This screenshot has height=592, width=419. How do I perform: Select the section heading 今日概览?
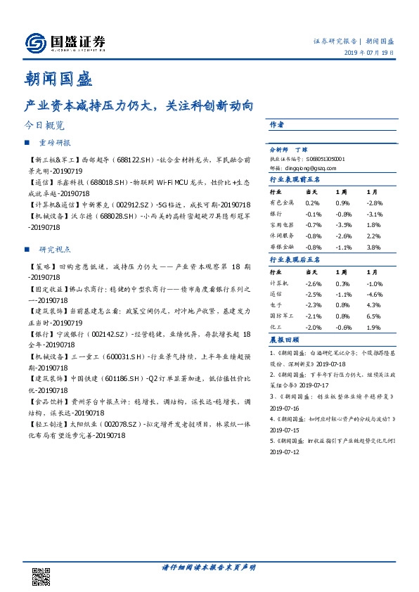[x=44, y=126]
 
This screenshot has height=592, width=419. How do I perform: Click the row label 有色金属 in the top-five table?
[x=281, y=202]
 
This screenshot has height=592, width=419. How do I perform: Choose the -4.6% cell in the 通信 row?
[x=375, y=294]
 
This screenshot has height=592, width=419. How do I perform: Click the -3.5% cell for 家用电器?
[x=342, y=225]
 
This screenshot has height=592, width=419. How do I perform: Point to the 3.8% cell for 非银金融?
[x=373, y=247]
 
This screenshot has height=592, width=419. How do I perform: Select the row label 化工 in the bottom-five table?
[x=276, y=328]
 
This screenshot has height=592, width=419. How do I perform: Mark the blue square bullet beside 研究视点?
[x=27, y=249]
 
